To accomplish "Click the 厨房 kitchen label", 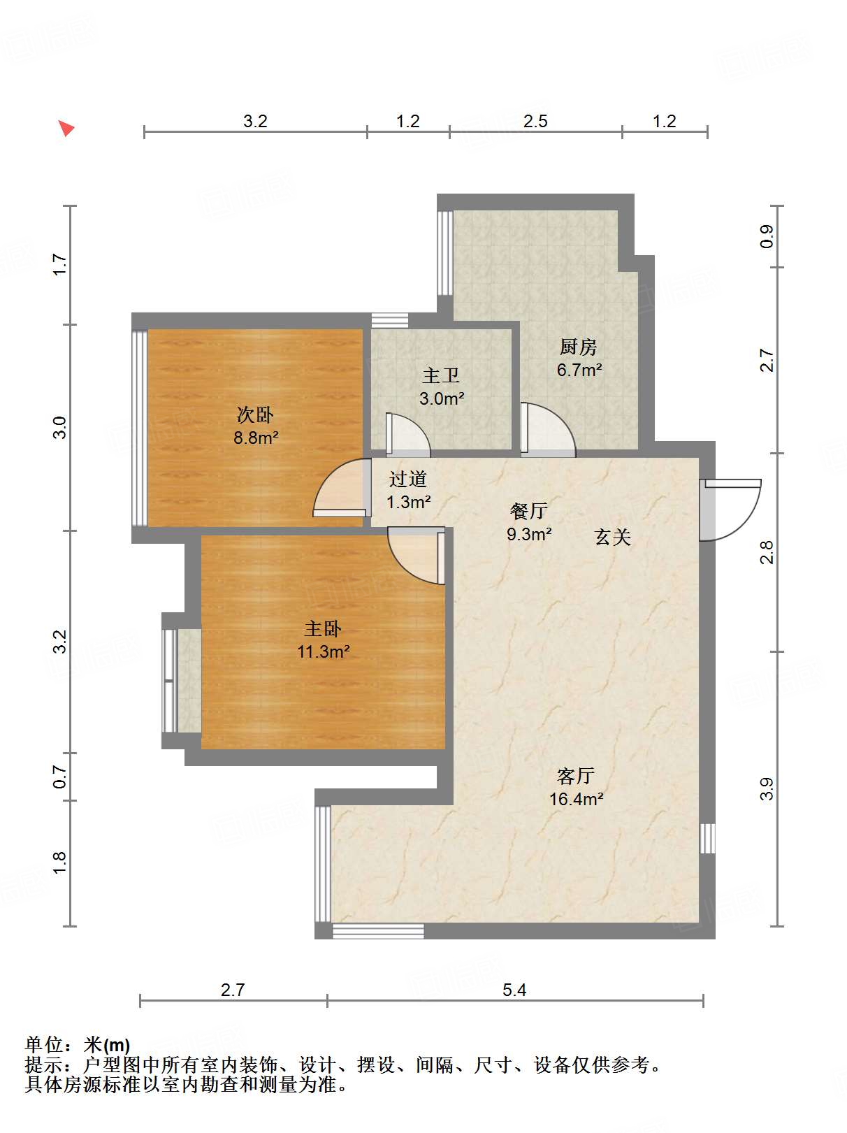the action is [578, 347].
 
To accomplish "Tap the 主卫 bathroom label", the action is [441, 375].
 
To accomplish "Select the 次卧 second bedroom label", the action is [255, 414].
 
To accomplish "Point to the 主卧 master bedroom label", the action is [323, 628].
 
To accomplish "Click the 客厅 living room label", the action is [576, 776].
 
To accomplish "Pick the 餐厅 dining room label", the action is [528, 511].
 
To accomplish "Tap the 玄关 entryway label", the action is [613, 537].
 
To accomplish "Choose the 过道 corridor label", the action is [407, 479].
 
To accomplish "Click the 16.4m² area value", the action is [576, 799].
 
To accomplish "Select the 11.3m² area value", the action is [323, 651].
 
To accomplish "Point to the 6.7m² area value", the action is [579, 370].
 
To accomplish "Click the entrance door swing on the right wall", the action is [730, 510].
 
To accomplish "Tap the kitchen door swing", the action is [548, 429].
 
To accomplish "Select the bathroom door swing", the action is [407, 435].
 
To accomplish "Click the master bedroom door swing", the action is [417, 556].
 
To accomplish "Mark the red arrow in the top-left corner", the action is [66, 128].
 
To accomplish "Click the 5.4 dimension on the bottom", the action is [514, 990].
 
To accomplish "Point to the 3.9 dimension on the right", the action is [767, 788].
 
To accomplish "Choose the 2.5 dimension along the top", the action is [535, 122].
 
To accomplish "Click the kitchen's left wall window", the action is [444, 253].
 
